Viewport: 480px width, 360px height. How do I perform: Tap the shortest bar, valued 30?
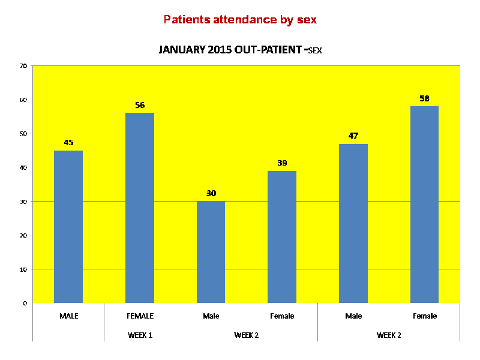click(211, 252)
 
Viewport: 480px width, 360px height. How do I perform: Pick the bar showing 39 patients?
click(282, 237)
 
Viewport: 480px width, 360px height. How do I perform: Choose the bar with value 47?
click(353, 223)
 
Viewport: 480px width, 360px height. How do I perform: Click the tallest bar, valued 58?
click(424, 205)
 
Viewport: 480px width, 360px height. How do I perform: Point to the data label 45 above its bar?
click(68, 143)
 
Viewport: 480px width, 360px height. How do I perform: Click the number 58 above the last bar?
click(424, 98)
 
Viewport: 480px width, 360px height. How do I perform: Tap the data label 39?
click(282, 163)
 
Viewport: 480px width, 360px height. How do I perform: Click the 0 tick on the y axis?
click(25, 303)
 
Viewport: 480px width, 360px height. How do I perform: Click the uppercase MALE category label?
click(68, 316)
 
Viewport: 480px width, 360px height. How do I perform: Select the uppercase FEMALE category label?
click(140, 316)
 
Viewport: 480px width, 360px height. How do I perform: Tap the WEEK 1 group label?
click(140, 335)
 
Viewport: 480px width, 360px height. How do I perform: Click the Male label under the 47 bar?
click(353, 316)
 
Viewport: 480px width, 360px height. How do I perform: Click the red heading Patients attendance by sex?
click(240, 20)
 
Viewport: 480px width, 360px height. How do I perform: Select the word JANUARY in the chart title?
click(179, 50)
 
